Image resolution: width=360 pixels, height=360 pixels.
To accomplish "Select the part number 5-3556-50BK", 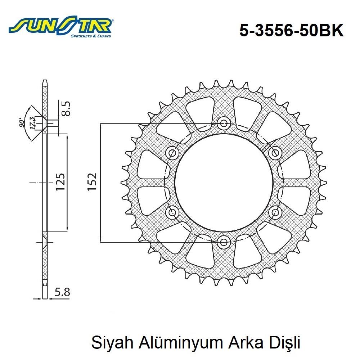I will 292,31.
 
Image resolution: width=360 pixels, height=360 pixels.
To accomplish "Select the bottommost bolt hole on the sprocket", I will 224,241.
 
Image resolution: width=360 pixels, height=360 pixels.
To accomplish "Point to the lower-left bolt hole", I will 173,212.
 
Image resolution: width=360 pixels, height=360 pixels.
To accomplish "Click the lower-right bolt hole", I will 275,212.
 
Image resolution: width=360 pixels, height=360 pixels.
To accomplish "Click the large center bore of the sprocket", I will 224,183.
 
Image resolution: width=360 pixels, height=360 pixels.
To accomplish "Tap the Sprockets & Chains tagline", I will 90,36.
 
